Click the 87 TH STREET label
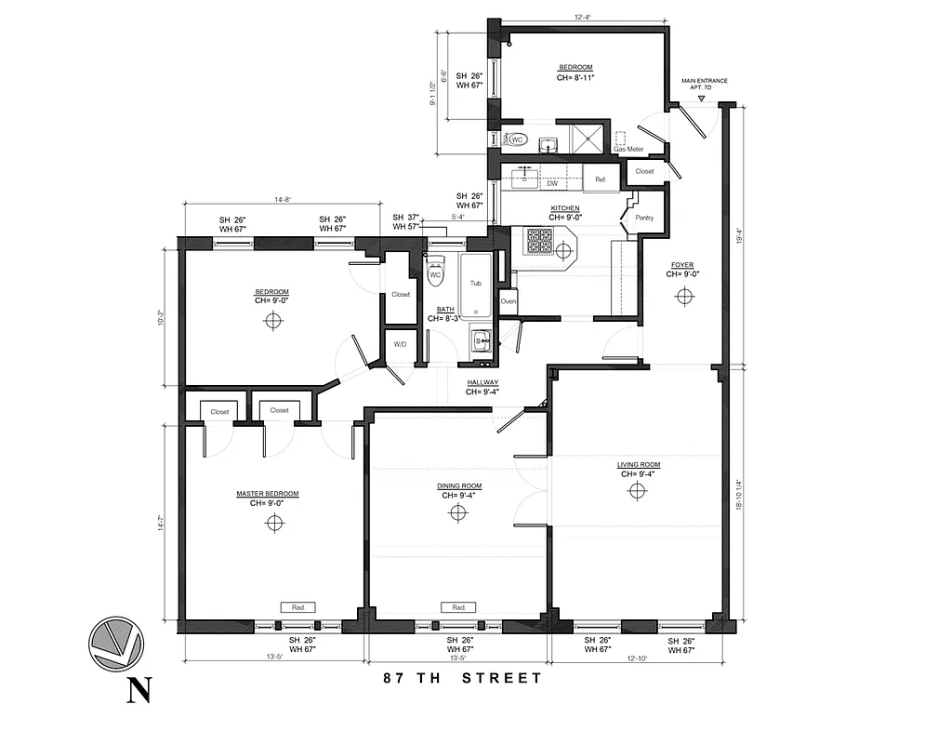pyautogui.click(x=463, y=678)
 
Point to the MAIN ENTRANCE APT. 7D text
pyautogui.click(x=704, y=85)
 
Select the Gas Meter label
pyautogui.click(x=628, y=149)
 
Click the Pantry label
pyautogui.click(x=644, y=218)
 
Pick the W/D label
pyautogui.click(x=401, y=344)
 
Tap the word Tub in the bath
pyautogui.click(x=475, y=283)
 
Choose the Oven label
pyautogui.click(x=509, y=301)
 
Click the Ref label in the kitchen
pyautogui.click(x=600, y=179)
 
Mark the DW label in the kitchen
pyautogui.click(x=551, y=184)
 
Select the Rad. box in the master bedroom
pyautogui.click(x=298, y=607)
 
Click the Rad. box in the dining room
pyautogui.click(x=458, y=607)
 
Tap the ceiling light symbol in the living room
pyautogui.click(x=637, y=491)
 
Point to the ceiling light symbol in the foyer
pyautogui.click(x=685, y=296)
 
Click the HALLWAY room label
pyautogui.click(x=482, y=382)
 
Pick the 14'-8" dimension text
pyautogui.click(x=283, y=199)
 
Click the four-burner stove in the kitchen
pyautogui.click(x=539, y=241)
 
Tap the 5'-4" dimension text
pyautogui.click(x=457, y=218)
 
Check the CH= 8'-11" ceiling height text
pyautogui.click(x=575, y=78)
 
